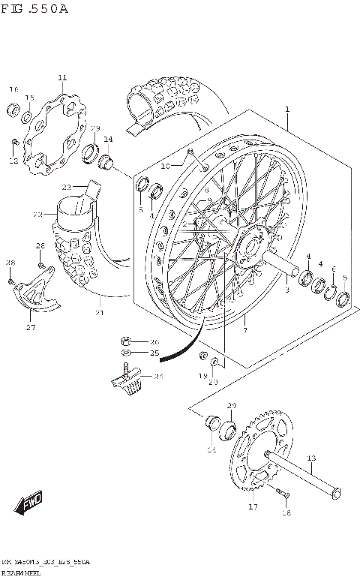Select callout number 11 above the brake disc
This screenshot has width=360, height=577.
(61, 77)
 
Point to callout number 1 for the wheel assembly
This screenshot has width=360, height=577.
(286, 110)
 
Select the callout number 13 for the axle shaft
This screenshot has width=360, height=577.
(311, 458)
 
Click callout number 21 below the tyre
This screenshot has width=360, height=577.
(100, 313)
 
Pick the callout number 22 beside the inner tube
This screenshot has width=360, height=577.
(37, 215)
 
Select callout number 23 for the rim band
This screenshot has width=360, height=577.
(66, 186)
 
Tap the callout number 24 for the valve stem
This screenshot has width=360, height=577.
(158, 377)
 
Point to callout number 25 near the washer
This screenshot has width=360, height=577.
(154, 352)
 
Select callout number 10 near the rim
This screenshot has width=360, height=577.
(166, 165)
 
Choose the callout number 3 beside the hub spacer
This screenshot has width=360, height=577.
(286, 290)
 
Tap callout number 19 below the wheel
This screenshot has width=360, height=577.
(202, 375)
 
